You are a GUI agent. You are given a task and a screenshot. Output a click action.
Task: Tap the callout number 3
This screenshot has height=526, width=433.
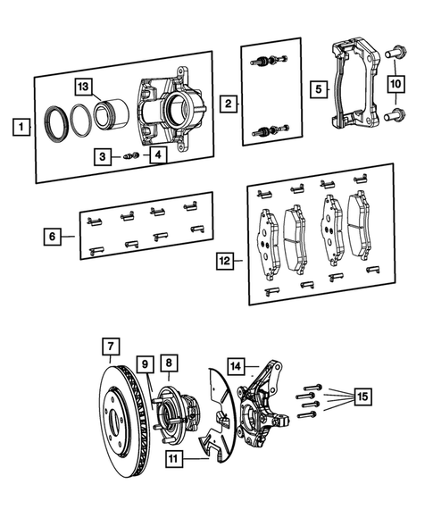[104, 156]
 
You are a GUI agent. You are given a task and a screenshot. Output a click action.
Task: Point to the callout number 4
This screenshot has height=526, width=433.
[157, 156]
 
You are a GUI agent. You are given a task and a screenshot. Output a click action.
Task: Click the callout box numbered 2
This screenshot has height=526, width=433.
[229, 104]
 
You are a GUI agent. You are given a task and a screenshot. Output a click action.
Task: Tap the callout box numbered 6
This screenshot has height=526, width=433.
[54, 237]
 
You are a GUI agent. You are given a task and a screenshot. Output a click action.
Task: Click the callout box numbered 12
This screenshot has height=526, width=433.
[225, 261]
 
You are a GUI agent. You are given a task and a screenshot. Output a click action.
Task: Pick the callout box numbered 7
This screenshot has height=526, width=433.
[110, 346]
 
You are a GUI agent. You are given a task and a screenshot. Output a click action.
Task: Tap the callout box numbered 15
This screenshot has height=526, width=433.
[362, 396]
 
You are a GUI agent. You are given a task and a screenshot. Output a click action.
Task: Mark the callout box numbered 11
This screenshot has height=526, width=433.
[176, 460]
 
